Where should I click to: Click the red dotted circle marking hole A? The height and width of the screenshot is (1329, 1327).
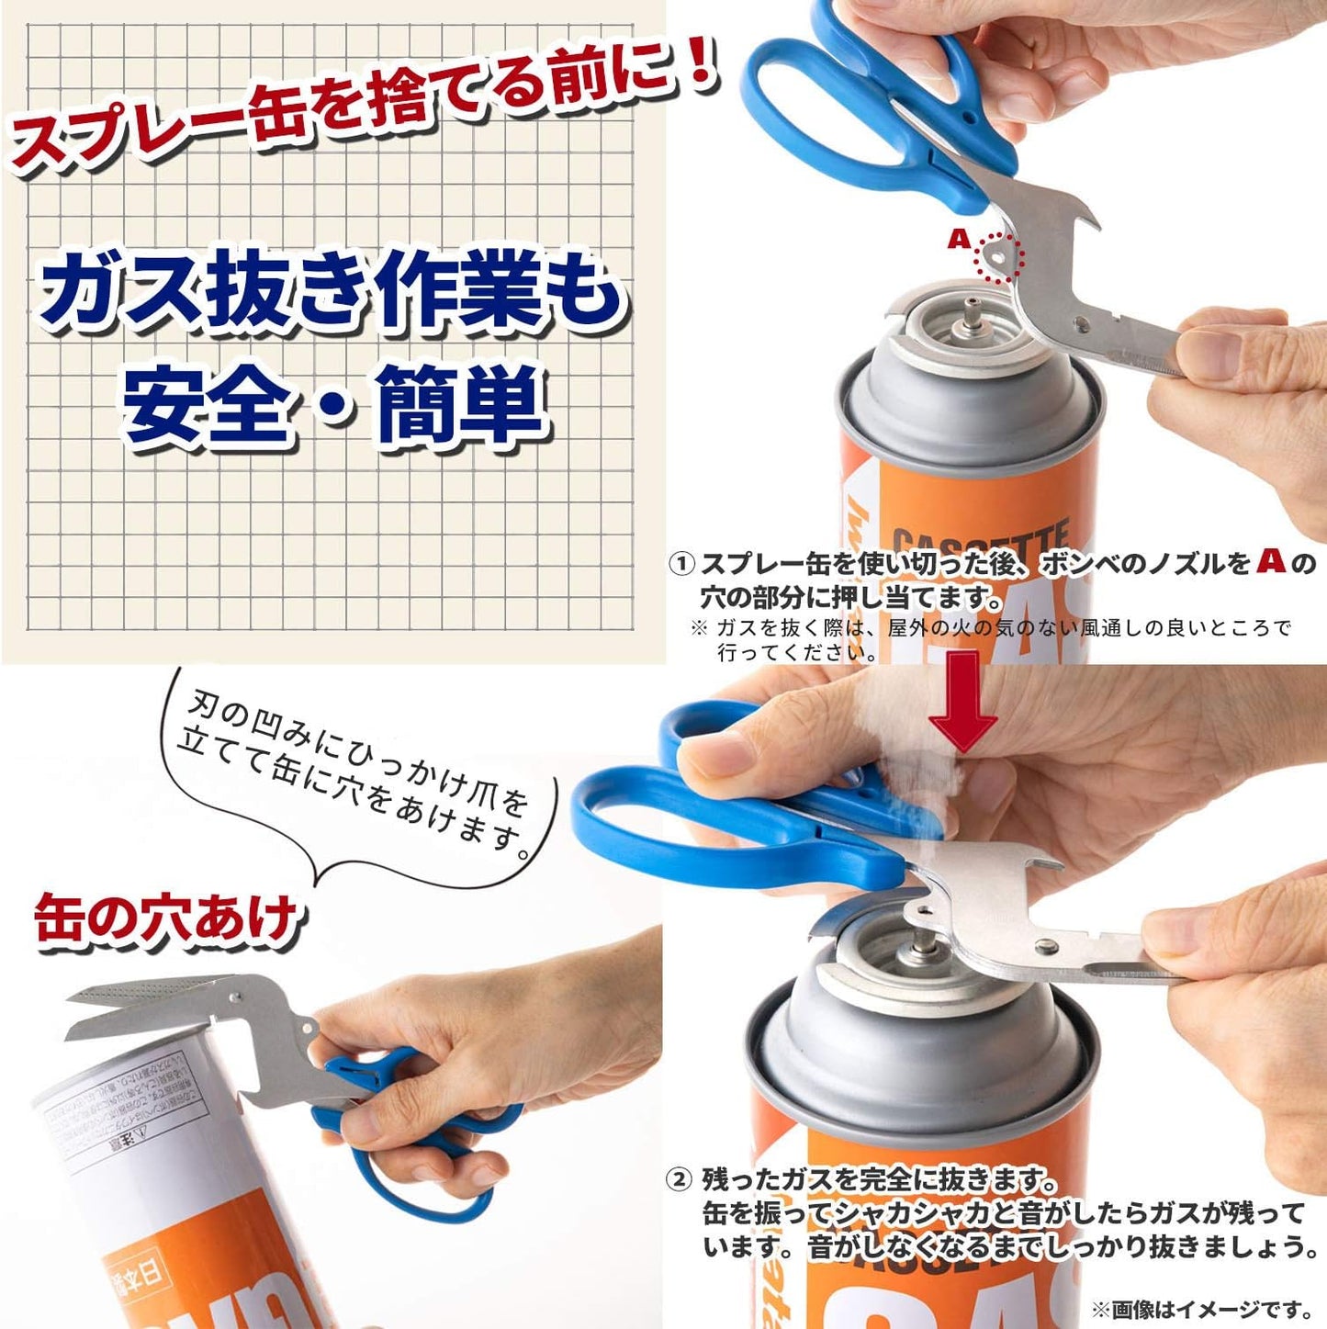coord(998,256)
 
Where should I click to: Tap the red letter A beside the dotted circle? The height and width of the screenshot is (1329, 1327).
coord(959,240)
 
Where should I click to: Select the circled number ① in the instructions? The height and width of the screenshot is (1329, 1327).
coord(680,563)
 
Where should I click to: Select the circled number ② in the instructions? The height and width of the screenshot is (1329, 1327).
coord(679,1179)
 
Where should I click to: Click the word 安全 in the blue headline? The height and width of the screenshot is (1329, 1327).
coord(206,404)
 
